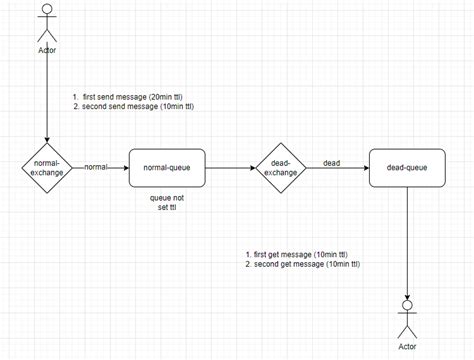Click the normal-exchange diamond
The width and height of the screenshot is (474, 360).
pyautogui.click(x=47, y=168)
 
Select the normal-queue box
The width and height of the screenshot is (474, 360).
pyautogui.click(x=167, y=168)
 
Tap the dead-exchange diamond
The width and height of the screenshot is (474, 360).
pyautogui.click(x=281, y=168)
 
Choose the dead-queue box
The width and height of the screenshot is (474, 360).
pyautogui.click(x=407, y=168)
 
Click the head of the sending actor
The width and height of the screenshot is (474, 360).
pyautogui.click(x=47, y=9)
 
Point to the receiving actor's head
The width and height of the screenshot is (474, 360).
pyautogui.click(x=407, y=305)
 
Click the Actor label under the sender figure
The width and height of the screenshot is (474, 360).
pyautogui.click(x=47, y=50)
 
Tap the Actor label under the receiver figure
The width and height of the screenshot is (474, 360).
pyautogui.click(x=407, y=347)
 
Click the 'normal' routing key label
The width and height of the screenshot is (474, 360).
pyautogui.click(x=96, y=167)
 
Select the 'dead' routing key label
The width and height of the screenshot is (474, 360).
pyautogui.click(x=332, y=163)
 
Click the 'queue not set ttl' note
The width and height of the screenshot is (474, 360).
pyautogui.click(x=167, y=202)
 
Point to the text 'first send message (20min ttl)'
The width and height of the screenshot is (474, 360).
pyautogui.click(x=133, y=97)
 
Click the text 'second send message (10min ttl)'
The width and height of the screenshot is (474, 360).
pyautogui.click(x=138, y=107)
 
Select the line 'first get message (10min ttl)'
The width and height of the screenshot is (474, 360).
pyautogui.click(x=301, y=255)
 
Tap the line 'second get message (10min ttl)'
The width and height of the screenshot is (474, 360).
pyautogui.click(x=307, y=264)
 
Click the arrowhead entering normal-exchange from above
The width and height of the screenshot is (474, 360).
pyautogui.click(x=47, y=140)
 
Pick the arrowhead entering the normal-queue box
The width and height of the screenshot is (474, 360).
pyautogui.click(x=126, y=168)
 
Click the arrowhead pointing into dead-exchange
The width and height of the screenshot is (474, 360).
pyautogui.click(x=253, y=168)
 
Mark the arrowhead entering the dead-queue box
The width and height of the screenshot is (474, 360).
pyautogui.click(x=366, y=168)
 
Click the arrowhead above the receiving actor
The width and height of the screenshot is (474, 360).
pyautogui.click(x=407, y=297)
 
